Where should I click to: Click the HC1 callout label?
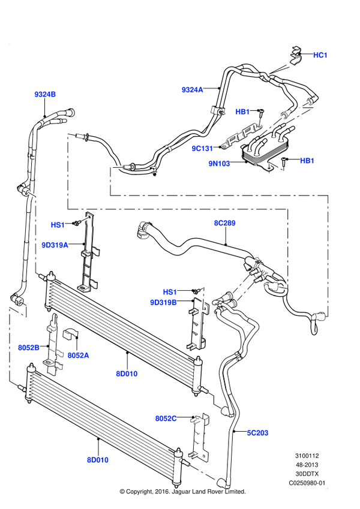(320, 55)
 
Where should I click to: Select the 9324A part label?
(193, 89)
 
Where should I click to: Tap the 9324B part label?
(45, 94)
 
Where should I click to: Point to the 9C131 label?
(202, 148)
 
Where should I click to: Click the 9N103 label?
(219, 163)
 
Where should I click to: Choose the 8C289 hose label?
(224, 223)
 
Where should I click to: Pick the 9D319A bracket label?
(55, 245)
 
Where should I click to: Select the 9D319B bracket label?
(163, 303)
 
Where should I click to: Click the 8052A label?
(79, 356)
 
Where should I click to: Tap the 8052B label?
(29, 348)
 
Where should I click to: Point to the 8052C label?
(166, 418)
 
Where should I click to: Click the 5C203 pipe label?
(257, 433)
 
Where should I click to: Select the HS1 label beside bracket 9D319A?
(58, 225)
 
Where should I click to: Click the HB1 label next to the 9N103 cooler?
(307, 161)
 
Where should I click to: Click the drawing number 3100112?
(307, 456)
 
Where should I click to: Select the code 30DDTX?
(307, 474)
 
